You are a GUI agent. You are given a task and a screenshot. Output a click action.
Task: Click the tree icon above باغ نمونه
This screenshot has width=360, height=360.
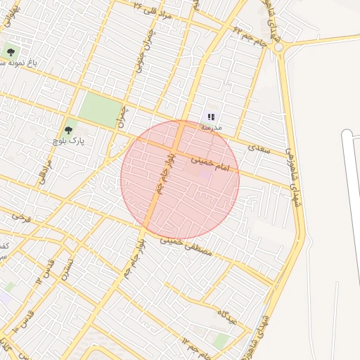coord(11,51)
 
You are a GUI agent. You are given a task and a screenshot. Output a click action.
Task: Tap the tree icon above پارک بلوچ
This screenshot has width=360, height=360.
coord(69,129)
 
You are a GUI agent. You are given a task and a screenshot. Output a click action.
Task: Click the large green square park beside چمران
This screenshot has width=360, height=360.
coord(99,110)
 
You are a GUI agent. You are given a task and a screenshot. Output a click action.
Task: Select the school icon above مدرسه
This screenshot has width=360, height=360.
coord(211,117)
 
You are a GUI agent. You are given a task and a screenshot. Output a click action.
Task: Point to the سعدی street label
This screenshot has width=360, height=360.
coord(259,147)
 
